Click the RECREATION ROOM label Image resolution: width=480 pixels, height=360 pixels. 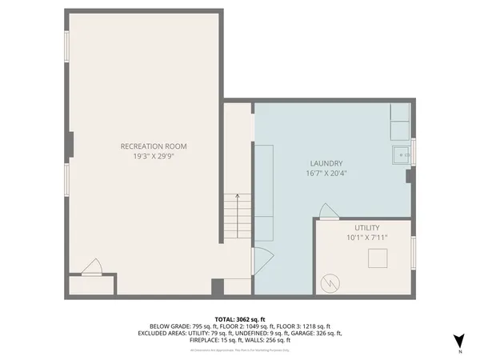click(x=154, y=146)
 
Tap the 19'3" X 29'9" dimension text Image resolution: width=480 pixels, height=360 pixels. click(x=154, y=157)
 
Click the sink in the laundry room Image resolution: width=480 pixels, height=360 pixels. click(x=400, y=154)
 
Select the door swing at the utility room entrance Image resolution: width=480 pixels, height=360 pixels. click(x=329, y=211)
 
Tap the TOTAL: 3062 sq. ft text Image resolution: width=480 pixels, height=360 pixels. click(x=239, y=318)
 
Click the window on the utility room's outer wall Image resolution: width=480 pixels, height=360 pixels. click(x=414, y=254)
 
